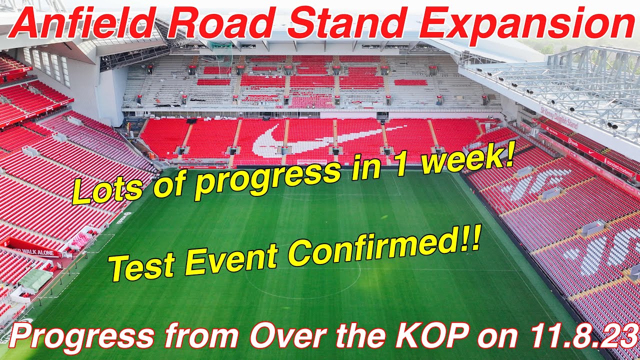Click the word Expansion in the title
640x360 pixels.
(526, 24)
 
